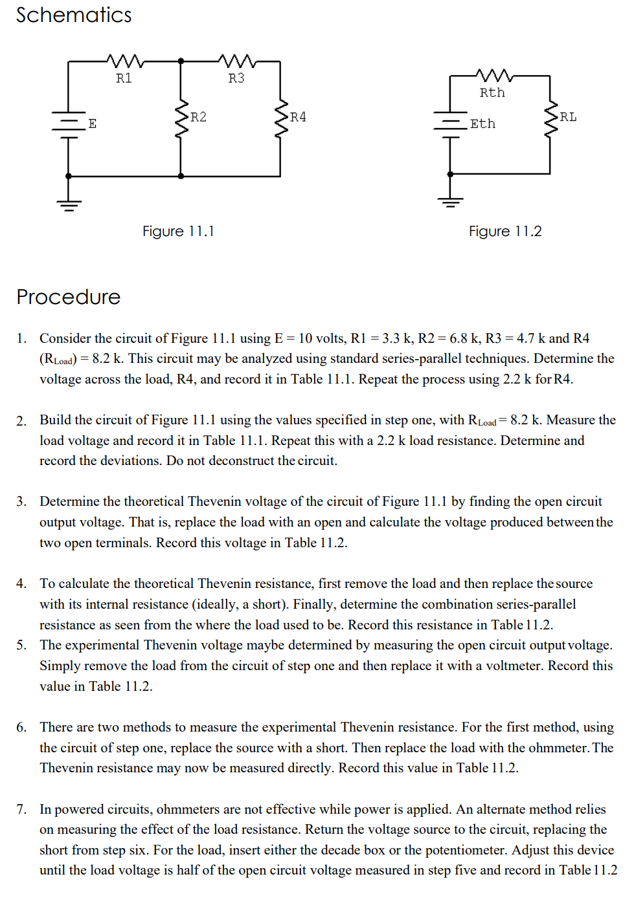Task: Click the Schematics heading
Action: pos(74,15)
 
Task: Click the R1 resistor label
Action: pos(124,78)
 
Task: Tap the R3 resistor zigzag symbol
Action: pos(237,61)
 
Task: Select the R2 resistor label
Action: pos(198,117)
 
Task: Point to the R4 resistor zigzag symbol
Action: pos(281,118)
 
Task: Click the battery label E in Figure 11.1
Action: pos(93,124)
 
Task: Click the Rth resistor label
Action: pos(492,93)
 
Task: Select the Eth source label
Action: pos(482,124)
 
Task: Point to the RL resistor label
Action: pos(568,117)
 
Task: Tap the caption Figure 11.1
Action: pos(178,232)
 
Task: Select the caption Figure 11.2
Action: pos(505,232)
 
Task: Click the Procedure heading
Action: pos(69,297)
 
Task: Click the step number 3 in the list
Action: pos(21,501)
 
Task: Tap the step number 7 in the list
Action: pos(21,809)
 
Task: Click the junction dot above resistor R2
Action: pos(181,61)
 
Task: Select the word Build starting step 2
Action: pos(54,420)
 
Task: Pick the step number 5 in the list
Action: pos(21,645)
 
